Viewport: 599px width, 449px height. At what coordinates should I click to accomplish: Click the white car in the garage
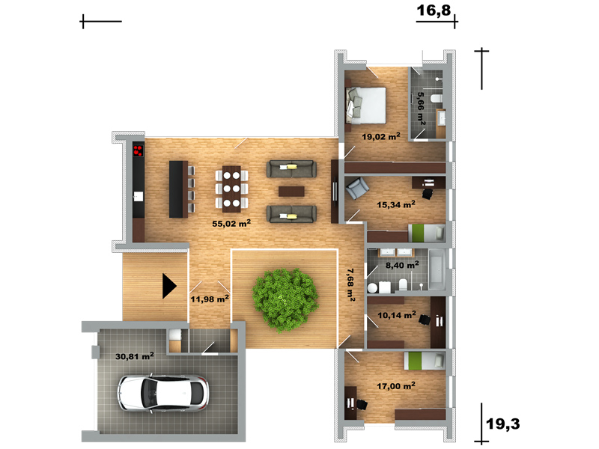(163, 394)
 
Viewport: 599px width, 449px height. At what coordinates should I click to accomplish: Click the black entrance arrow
(169, 286)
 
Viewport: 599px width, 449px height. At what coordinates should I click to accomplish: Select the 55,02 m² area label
(231, 223)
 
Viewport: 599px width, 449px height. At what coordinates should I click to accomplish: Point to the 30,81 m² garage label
(135, 356)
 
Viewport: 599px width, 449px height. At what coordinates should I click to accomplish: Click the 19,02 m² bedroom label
(381, 136)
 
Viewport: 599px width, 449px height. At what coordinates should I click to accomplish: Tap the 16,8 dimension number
(434, 10)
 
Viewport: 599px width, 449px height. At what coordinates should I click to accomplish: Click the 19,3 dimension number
(502, 424)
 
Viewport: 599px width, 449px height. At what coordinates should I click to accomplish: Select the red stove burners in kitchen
(138, 150)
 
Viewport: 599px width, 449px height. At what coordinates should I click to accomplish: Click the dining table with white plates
(231, 189)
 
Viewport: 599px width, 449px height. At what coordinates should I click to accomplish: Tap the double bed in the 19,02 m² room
(366, 106)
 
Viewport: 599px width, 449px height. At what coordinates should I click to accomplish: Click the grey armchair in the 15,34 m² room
(357, 189)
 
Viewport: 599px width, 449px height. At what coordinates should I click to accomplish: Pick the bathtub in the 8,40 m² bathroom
(437, 269)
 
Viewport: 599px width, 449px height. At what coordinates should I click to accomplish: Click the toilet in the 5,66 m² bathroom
(436, 99)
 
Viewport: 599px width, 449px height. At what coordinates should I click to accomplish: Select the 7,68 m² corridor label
(350, 285)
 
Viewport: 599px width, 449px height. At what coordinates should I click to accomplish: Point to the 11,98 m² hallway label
(210, 299)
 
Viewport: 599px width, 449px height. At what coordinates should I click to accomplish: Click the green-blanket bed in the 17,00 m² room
(425, 361)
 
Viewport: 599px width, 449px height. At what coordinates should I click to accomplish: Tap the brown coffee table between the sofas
(291, 192)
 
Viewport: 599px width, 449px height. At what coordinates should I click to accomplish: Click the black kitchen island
(179, 189)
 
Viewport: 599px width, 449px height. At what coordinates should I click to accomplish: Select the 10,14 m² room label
(397, 315)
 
